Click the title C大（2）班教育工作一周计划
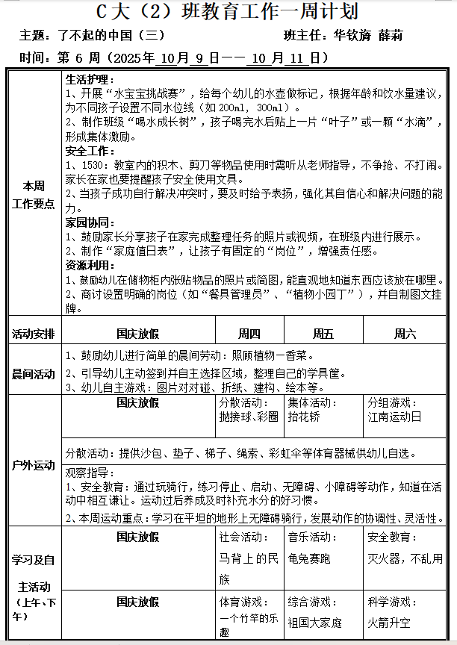pos(228,13)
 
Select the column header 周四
pos(249,334)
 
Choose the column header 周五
pos(323,334)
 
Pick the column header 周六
pos(405,334)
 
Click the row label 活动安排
pos(34,334)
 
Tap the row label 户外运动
pos(34,465)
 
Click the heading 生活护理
pos(90,79)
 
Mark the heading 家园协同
pos(90,222)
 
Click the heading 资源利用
pos(90,264)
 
